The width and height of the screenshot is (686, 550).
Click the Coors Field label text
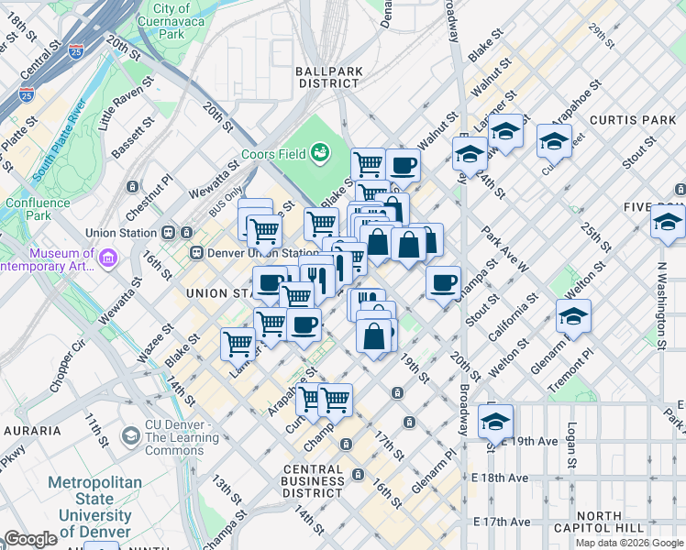pyautogui.click(x=273, y=154)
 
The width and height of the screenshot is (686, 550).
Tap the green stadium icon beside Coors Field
pyautogui.click(x=321, y=152)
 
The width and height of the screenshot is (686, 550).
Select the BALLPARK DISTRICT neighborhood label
pyautogui.click(x=328, y=77)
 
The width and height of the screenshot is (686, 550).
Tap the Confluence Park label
pyautogui.click(x=37, y=209)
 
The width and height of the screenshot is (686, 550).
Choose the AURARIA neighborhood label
pyautogui.click(x=32, y=430)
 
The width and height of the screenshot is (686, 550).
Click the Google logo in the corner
pyautogui.click(x=30, y=539)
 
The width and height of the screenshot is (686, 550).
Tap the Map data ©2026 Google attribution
pyautogui.click(x=629, y=543)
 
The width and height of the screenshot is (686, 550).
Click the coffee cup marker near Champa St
pyautogui.click(x=443, y=281)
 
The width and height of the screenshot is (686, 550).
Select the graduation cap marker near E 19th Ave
pyautogui.click(x=495, y=422)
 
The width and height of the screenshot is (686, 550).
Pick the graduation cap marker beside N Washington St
pyautogui.click(x=668, y=222)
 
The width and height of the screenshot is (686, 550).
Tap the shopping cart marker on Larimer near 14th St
pyautogui.click(x=238, y=344)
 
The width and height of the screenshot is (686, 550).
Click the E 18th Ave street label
pyautogui.click(x=502, y=478)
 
